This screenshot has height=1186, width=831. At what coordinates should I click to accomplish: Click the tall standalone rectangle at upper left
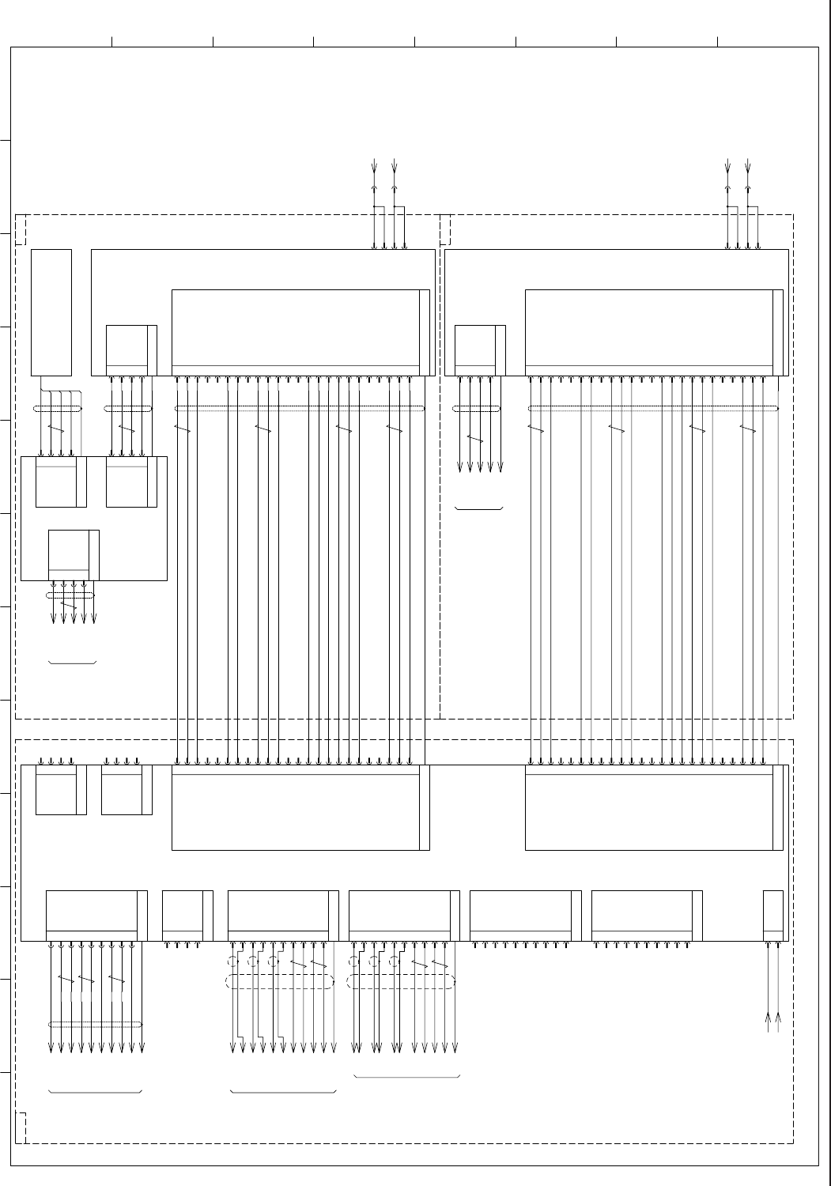tap(51, 312)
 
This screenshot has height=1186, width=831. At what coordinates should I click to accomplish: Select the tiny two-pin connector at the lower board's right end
tap(773, 916)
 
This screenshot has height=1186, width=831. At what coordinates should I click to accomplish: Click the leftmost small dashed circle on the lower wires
tap(232, 962)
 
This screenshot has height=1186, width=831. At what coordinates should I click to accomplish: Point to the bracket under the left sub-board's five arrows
tap(73, 662)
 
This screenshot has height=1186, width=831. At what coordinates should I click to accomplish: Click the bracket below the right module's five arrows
tap(479, 508)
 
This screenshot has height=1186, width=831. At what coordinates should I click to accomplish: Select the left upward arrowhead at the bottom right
tap(769, 1021)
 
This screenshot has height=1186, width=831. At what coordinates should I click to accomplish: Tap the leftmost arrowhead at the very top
tap(374, 168)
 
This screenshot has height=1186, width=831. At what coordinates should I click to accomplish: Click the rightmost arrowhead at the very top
tap(747, 168)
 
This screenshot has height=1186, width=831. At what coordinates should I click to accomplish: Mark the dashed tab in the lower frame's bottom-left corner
tap(21, 1127)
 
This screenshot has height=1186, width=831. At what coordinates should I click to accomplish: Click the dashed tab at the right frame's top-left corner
tap(445, 230)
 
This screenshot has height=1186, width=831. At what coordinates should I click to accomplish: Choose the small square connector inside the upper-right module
tap(478, 350)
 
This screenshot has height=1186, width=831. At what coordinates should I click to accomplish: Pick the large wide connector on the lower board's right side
tap(653, 807)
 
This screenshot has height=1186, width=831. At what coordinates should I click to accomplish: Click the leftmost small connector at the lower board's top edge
tap(59, 790)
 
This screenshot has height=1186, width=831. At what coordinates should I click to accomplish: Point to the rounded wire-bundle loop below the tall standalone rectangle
tap(58, 409)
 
